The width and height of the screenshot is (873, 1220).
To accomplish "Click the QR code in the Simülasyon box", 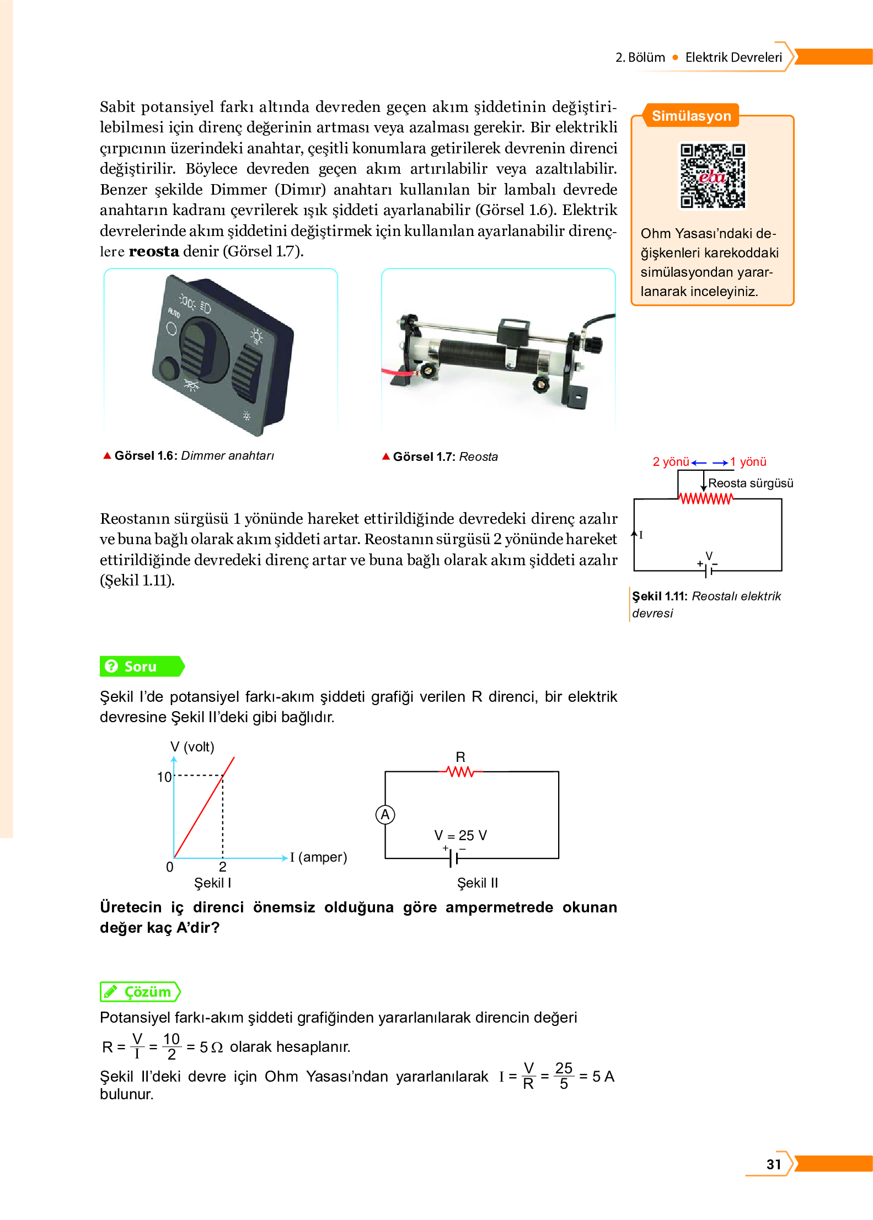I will pos(712,175).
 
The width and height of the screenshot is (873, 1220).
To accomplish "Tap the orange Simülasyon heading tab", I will pos(691,116).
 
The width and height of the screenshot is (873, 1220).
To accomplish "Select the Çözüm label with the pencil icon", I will pos(140,992).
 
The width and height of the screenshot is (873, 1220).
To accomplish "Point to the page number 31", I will pos(773,1164).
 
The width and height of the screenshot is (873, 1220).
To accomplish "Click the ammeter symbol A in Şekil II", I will pos(385,814).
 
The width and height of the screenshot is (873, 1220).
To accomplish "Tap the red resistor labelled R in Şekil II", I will pos(460,772).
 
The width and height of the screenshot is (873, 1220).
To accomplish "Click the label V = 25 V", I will pos(460,835).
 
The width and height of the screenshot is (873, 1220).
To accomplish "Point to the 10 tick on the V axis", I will pos(164,777).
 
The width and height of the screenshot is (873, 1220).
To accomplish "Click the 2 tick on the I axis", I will pos(222,867).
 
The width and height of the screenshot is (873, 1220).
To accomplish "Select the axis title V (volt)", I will pos(192,746).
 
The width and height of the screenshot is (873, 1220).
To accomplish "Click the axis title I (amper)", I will pos(319,857).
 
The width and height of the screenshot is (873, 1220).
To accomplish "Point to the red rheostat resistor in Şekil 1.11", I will pos(705,499).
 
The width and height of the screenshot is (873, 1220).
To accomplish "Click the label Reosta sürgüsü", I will pos(750,483).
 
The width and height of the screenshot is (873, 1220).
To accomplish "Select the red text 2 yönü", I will pos(671,462).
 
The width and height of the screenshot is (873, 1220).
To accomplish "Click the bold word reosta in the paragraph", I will pos(153,251).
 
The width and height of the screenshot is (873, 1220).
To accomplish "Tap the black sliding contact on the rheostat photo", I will pos(513,332).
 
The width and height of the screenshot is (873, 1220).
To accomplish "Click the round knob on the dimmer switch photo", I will pos(168,367).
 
